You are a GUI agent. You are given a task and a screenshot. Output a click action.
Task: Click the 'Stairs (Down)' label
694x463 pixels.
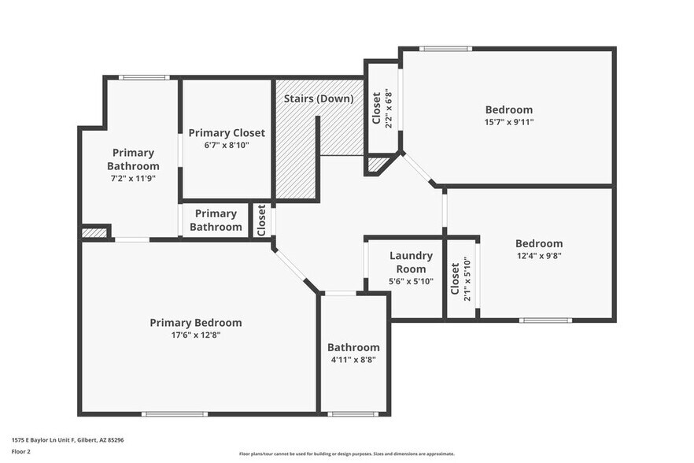318,99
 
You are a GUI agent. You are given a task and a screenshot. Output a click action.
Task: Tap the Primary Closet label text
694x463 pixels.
227,133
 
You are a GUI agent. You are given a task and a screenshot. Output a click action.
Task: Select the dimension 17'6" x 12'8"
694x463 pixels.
196,335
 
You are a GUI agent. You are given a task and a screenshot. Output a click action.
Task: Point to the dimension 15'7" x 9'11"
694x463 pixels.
508,122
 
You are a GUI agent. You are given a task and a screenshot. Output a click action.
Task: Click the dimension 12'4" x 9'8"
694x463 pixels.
539,255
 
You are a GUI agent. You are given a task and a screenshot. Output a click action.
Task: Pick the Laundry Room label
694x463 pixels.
411,262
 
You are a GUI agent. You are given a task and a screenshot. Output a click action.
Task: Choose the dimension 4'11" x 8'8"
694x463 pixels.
353,360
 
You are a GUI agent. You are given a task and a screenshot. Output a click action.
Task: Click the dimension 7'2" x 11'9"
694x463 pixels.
133,178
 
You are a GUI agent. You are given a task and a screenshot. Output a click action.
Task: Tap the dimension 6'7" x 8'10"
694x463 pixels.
227,145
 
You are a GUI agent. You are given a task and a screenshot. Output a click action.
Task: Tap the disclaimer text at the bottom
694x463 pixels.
347,454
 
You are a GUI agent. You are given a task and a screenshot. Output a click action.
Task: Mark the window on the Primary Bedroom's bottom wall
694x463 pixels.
175,413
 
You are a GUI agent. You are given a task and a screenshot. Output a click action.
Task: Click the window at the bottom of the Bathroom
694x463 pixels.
353,413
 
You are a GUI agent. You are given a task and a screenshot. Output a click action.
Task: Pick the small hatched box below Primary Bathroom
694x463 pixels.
94,233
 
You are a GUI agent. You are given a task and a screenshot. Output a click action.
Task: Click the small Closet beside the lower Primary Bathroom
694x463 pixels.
262,220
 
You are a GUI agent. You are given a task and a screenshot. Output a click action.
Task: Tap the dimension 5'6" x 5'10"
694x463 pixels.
411,281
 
